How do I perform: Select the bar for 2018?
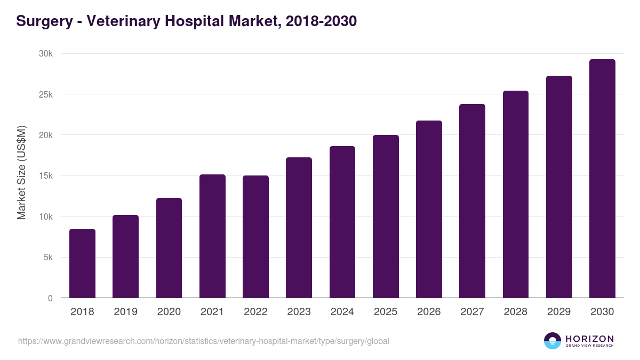point(82,263)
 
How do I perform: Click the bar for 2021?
point(212,236)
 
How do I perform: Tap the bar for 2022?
point(255,237)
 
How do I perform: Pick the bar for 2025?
point(386,217)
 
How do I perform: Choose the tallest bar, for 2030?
point(602,179)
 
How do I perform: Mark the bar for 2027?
point(472,201)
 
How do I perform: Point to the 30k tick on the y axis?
point(46,54)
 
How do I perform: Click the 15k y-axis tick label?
point(46,176)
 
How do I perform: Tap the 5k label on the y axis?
point(48,258)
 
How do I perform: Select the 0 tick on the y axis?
point(50,298)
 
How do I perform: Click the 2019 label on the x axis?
point(125,312)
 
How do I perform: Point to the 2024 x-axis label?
point(342,312)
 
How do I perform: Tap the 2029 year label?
point(558,312)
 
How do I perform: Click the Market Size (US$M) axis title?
point(21,172)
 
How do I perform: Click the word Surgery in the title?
point(44,21)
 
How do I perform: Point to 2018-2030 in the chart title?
point(321,21)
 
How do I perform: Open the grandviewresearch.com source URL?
point(203,341)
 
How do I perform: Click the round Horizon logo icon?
point(552,341)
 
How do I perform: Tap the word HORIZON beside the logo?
point(589,339)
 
